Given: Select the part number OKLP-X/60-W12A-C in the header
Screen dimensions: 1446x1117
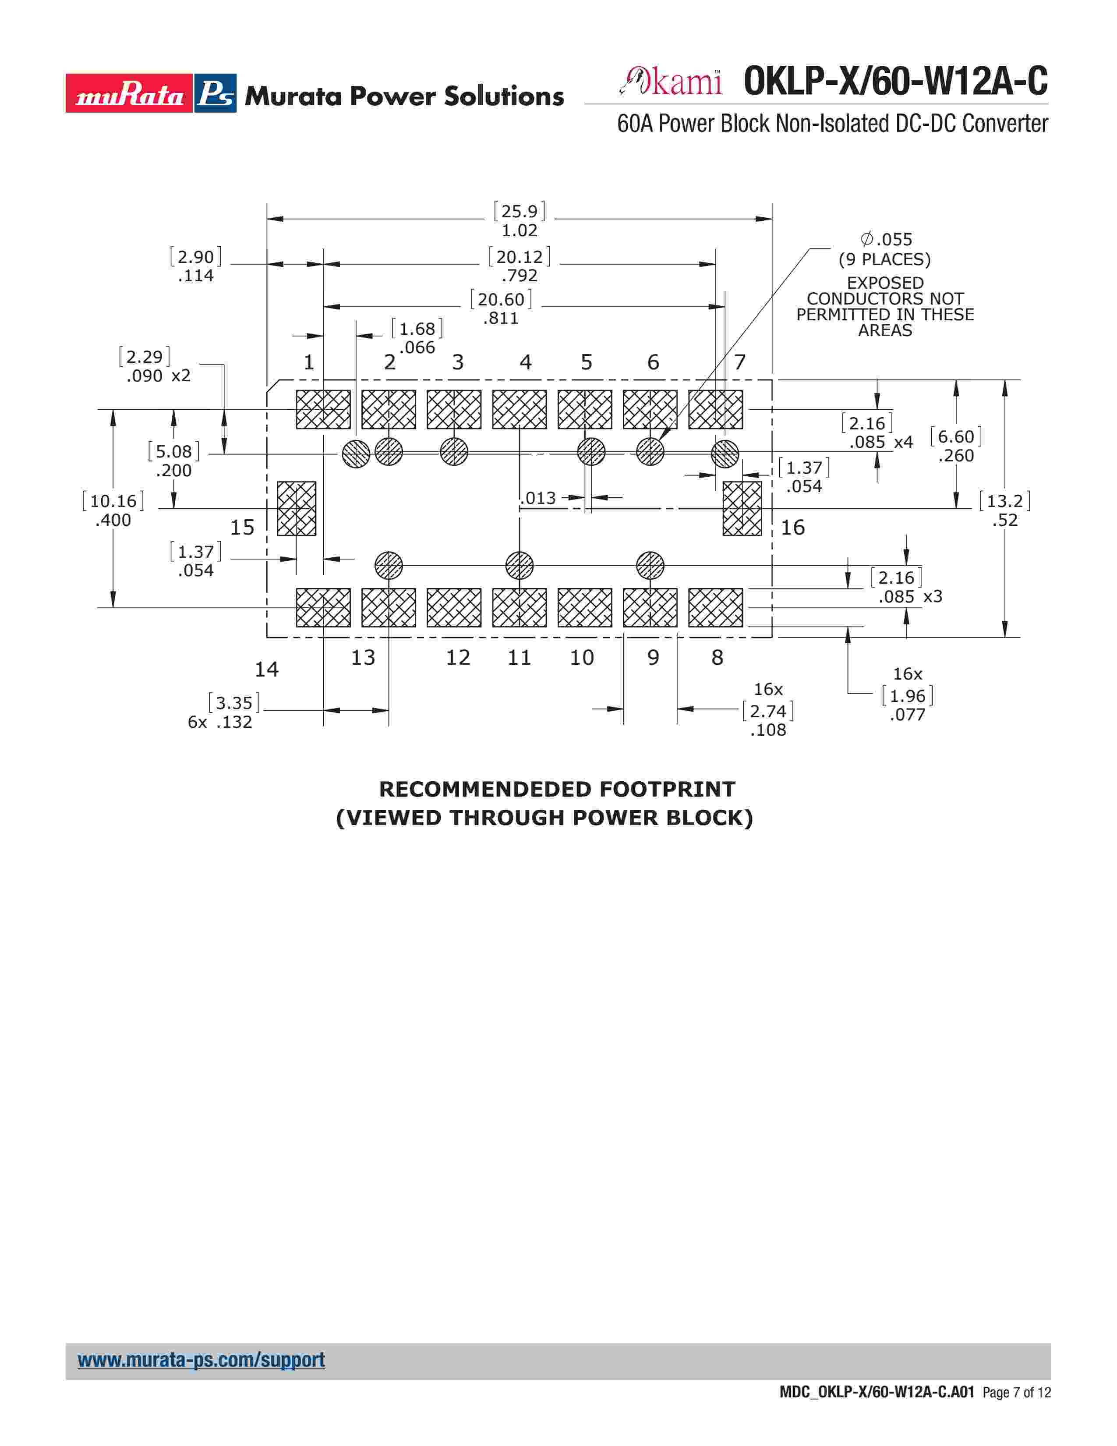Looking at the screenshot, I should point(895,82).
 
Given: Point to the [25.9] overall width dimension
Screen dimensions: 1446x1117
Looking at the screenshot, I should point(520,211).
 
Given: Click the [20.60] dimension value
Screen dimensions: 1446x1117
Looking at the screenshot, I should point(501,299).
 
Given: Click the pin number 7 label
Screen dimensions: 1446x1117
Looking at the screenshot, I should point(740,362).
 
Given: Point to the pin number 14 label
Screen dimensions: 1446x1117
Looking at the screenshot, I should point(267,670).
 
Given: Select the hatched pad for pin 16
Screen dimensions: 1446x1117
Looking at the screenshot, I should point(742,508).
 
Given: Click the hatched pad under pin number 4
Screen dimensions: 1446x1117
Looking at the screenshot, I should point(520,409).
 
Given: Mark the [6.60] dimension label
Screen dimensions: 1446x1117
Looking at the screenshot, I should point(955,437).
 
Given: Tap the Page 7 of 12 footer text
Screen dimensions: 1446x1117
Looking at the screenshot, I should point(1016,1393).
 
